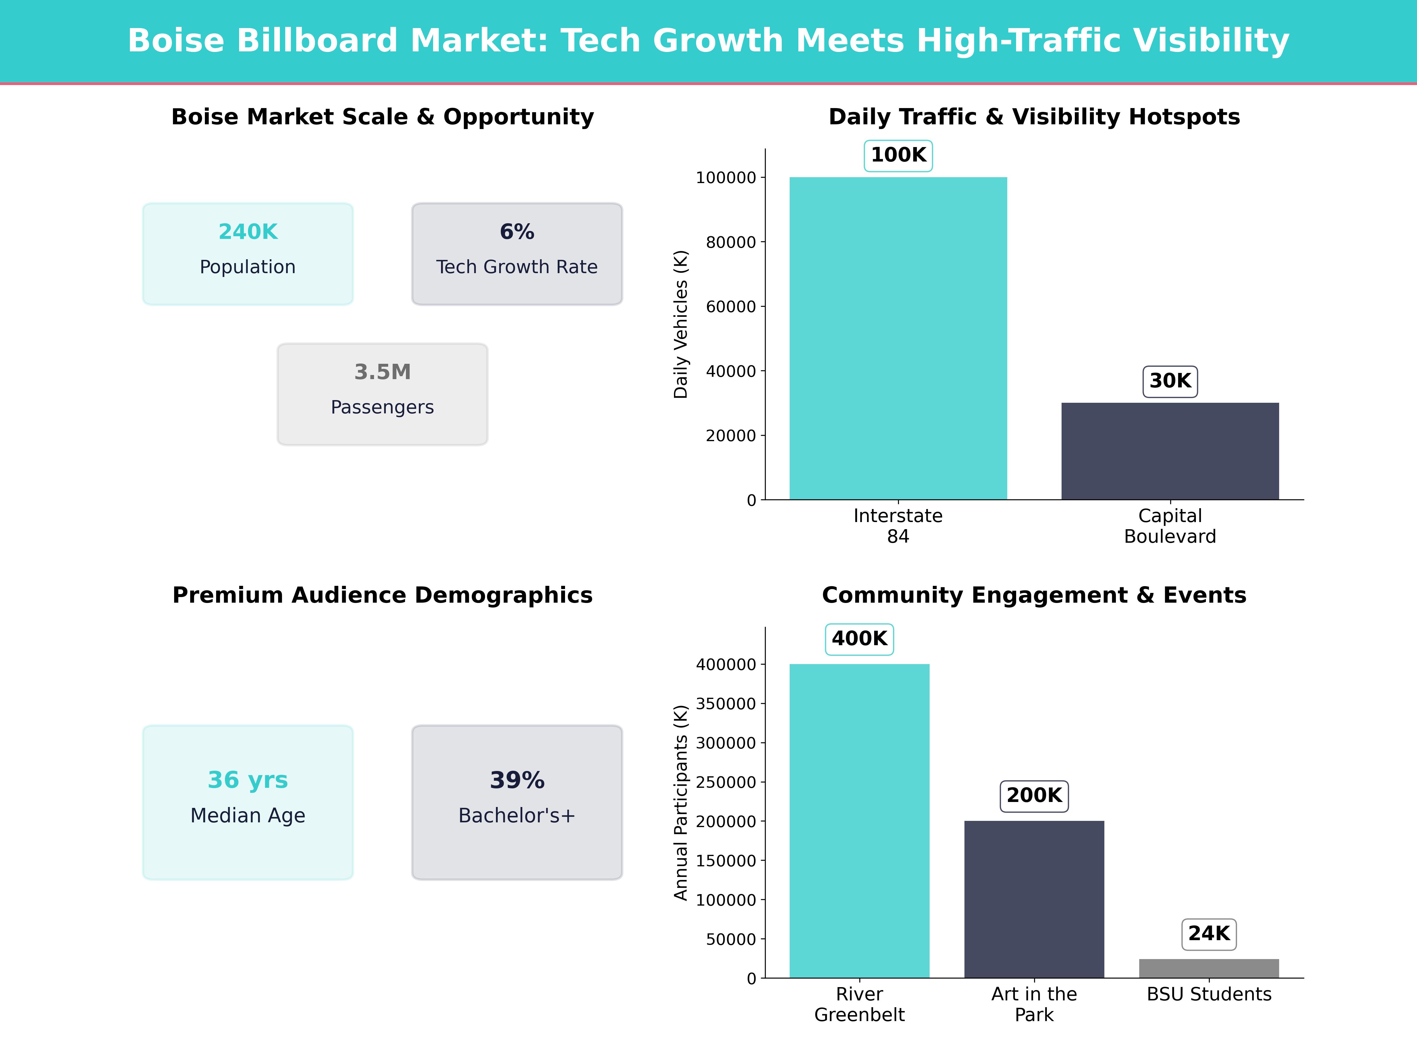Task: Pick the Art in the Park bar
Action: point(1034,899)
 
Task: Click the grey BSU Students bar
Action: point(1209,968)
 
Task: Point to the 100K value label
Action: point(898,155)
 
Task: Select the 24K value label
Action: point(1209,934)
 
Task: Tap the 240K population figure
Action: point(248,232)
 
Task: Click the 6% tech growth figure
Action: point(517,232)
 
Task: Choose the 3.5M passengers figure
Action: point(382,372)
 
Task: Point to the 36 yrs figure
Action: point(248,780)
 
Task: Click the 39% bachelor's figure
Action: point(517,780)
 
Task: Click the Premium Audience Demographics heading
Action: point(382,595)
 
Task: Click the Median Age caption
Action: point(248,816)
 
